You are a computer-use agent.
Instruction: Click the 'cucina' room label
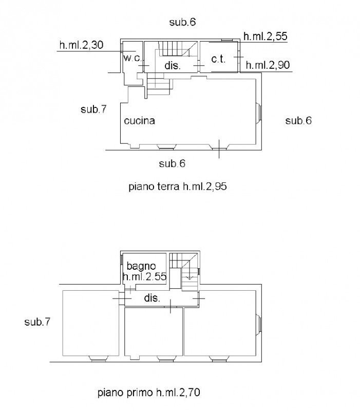click(139, 121)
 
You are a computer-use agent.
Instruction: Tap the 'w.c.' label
click(132, 58)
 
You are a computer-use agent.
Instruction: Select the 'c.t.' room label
click(218, 59)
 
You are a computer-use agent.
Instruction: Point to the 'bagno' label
click(141, 267)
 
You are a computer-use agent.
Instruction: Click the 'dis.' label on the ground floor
click(173, 65)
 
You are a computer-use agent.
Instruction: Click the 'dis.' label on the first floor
click(152, 298)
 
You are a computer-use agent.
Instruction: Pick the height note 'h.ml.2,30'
click(82, 45)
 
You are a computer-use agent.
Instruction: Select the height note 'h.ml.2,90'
click(268, 65)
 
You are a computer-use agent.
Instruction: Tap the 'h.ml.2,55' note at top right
click(265, 36)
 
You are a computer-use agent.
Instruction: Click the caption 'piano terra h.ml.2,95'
click(177, 186)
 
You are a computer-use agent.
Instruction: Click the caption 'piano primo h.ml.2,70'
click(149, 393)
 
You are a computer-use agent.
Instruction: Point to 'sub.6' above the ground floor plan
click(182, 22)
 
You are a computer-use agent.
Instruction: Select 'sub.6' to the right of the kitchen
click(298, 121)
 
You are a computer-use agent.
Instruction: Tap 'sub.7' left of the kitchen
click(93, 109)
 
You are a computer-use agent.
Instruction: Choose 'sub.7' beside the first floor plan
click(37, 322)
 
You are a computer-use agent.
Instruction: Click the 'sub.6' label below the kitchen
click(172, 163)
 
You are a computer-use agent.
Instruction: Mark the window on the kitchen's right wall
click(259, 112)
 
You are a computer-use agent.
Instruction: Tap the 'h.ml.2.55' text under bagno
click(144, 276)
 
